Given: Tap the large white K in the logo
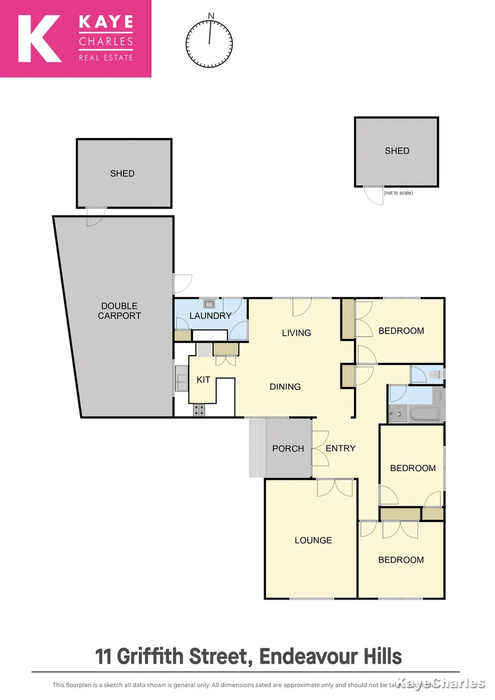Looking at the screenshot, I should (x=40, y=39).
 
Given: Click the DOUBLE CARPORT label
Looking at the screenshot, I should (x=119, y=310).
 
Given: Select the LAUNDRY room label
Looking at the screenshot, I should (x=211, y=316).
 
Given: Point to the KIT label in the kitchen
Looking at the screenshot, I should (x=203, y=380).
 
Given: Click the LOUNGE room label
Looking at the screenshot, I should (x=313, y=540).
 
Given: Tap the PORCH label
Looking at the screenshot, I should (x=288, y=448).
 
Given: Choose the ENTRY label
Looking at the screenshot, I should (x=341, y=448).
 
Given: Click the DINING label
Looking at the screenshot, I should (x=285, y=386).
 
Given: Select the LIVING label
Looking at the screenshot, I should (x=296, y=332).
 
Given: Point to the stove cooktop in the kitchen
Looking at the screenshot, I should (x=199, y=410).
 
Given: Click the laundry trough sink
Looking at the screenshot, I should (x=209, y=303).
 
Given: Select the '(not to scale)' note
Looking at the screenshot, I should (x=398, y=192).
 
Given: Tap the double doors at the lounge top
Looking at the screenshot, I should (x=334, y=487).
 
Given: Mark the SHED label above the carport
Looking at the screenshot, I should (x=122, y=173).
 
